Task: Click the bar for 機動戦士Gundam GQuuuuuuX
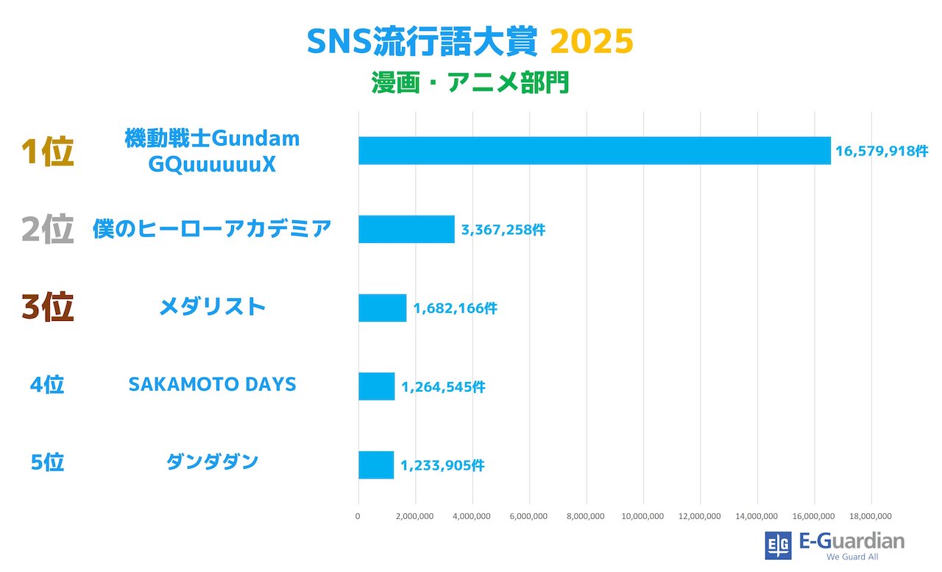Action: [594, 150]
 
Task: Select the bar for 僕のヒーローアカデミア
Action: [406, 229]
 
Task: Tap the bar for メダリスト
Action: [382, 308]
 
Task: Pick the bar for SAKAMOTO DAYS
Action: [376, 386]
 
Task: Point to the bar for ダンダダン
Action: [375, 465]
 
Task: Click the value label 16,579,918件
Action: [882, 151]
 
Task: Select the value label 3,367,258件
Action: [503, 230]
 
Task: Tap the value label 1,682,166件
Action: [455, 308]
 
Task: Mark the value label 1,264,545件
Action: [443, 386]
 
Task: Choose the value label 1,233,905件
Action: [442, 465]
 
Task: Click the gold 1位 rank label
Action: [47, 152]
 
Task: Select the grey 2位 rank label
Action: [47, 230]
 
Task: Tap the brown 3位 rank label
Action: [47, 308]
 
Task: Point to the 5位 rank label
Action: [47, 462]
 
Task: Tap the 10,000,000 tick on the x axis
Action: [643, 516]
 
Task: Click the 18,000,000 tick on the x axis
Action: [871, 516]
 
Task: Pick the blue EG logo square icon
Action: [778, 545]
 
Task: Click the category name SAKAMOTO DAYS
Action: [212, 384]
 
